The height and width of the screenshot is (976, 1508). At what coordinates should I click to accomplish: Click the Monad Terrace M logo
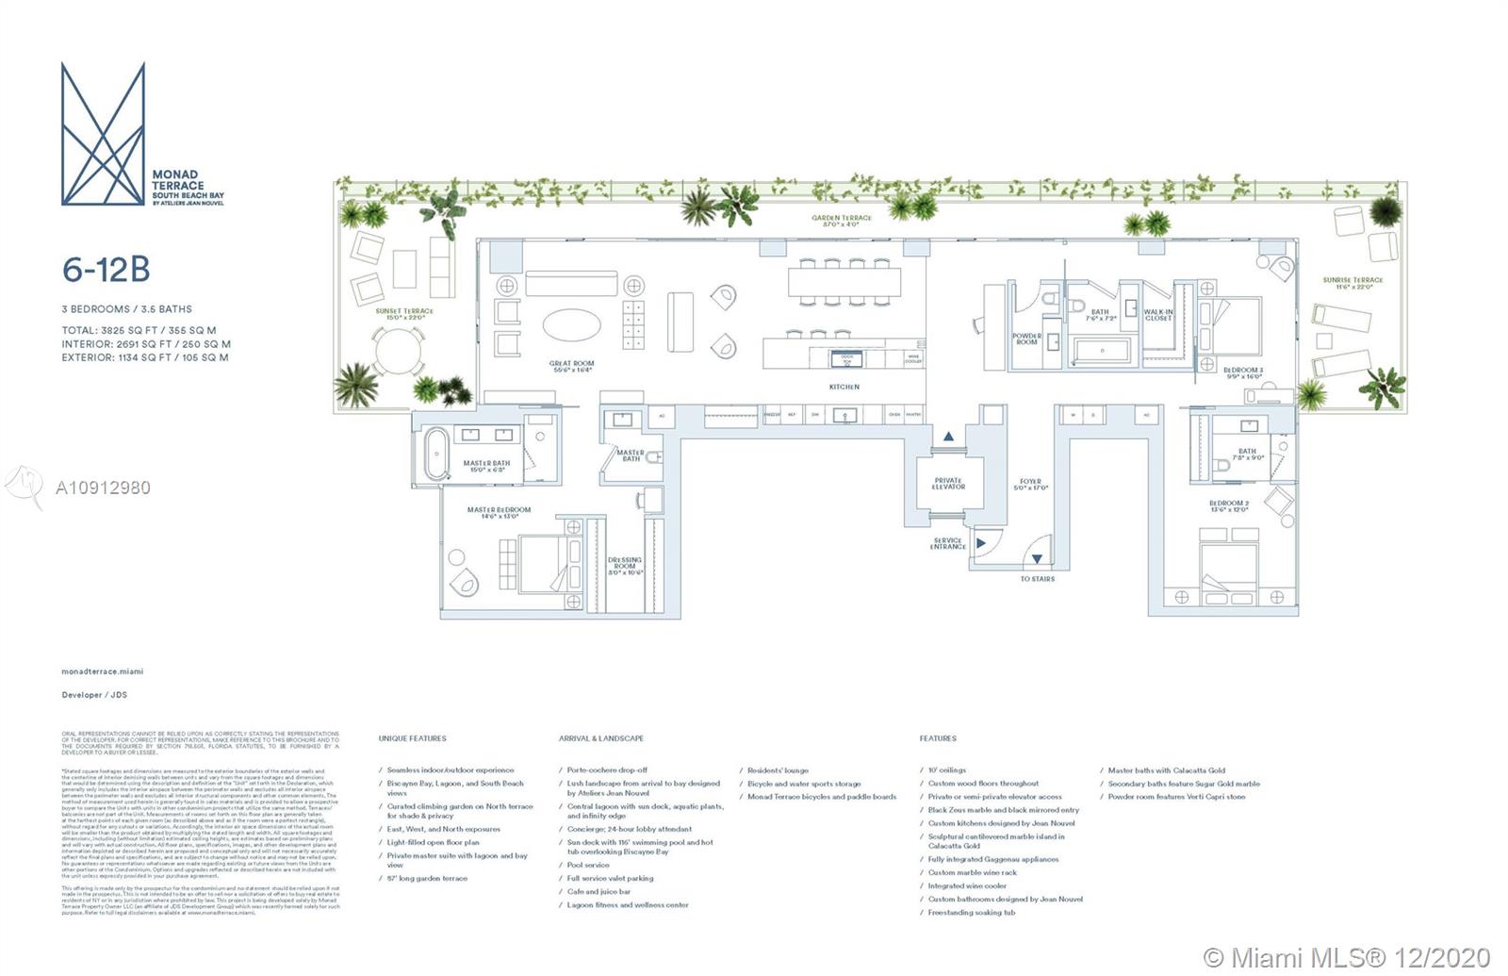click(103, 133)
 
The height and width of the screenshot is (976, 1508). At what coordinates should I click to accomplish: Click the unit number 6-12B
click(106, 270)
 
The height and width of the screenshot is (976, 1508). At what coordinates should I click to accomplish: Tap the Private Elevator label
click(948, 484)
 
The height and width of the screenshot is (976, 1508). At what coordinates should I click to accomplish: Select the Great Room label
click(571, 364)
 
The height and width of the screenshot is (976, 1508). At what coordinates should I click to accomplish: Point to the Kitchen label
click(844, 387)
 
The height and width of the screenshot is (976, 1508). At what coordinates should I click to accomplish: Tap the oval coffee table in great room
click(570, 327)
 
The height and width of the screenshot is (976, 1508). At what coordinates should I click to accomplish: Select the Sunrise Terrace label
click(1352, 281)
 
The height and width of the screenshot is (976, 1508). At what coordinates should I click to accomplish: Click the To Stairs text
click(1037, 579)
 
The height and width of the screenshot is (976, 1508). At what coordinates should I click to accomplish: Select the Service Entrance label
click(947, 544)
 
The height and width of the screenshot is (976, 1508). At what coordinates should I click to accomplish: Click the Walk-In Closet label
click(1158, 315)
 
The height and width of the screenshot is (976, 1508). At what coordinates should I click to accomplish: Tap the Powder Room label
click(1026, 339)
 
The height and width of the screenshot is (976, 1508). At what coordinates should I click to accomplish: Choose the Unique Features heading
click(412, 738)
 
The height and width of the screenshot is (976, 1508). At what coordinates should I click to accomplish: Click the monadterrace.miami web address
click(102, 671)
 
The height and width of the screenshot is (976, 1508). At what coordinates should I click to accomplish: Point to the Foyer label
click(1030, 484)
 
